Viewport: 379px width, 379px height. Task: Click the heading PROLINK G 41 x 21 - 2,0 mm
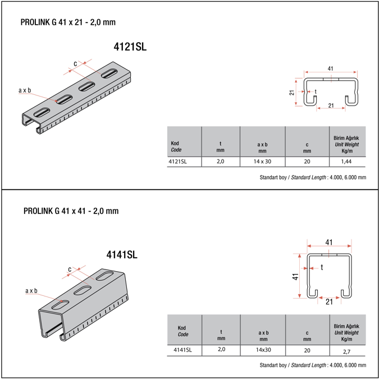click(x=68, y=22)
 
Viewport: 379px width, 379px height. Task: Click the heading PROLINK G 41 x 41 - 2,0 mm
click(x=71, y=211)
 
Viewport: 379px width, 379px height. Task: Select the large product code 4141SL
click(x=122, y=254)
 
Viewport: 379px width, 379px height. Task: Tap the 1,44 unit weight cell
click(x=347, y=162)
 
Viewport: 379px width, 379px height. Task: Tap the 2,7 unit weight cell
click(x=347, y=350)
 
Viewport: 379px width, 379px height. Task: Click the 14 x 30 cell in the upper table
click(x=262, y=162)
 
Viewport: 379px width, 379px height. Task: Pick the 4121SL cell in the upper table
click(x=177, y=162)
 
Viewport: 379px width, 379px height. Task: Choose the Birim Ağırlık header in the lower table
click(x=346, y=326)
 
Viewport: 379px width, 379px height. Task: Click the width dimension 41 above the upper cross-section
click(x=330, y=69)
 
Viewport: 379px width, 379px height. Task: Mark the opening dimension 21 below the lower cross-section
click(x=330, y=302)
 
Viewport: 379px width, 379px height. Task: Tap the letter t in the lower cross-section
click(x=322, y=267)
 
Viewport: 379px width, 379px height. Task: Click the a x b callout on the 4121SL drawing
click(x=25, y=90)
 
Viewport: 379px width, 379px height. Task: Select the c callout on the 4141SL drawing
click(x=70, y=269)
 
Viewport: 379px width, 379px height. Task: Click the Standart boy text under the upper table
click(x=274, y=177)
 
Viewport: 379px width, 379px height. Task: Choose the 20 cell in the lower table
click(x=307, y=350)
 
